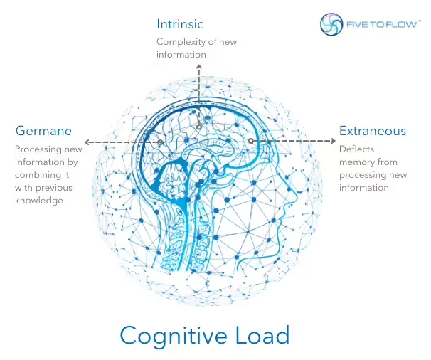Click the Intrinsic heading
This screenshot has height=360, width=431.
point(180,24)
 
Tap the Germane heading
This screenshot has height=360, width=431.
point(43,131)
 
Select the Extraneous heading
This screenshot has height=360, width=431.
point(373,131)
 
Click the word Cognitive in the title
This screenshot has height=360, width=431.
point(173,334)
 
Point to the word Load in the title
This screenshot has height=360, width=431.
point(262,334)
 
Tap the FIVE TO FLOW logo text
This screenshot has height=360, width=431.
point(381,24)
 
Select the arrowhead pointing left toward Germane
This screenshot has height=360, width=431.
point(87,142)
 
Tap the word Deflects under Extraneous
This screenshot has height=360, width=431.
point(356,149)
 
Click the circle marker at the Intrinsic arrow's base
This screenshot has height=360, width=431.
point(199,127)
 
